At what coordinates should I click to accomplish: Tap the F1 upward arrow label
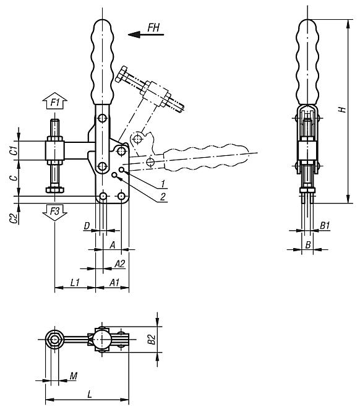pos(55,102)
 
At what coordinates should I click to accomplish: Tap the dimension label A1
pos(114,282)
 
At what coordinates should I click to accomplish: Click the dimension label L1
pos(74,282)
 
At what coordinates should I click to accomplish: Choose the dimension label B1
pos(325,227)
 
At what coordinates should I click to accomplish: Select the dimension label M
pos(74,376)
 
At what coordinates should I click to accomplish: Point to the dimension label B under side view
pos(307,245)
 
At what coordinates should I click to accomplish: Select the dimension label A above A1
pos(112,245)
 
